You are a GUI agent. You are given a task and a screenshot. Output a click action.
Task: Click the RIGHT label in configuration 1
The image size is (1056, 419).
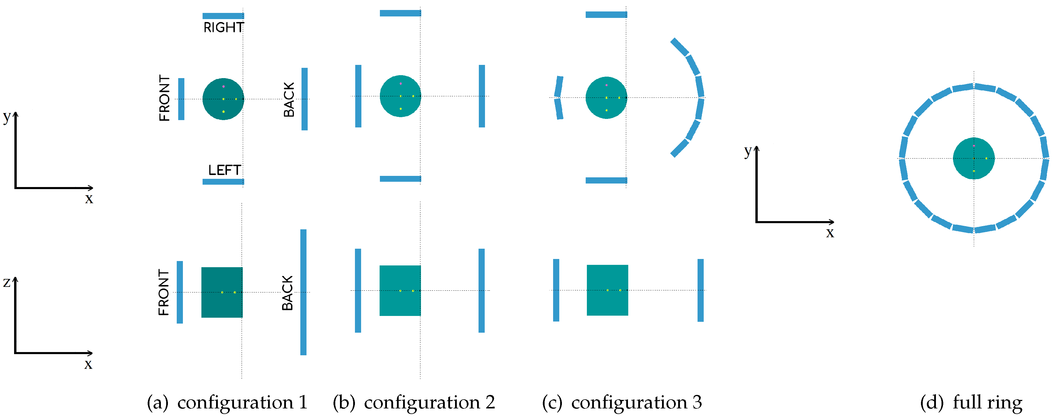[223, 28]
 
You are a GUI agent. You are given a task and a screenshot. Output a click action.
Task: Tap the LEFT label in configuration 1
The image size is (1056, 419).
[224, 170]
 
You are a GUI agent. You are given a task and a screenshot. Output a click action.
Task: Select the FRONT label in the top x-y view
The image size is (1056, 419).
[164, 98]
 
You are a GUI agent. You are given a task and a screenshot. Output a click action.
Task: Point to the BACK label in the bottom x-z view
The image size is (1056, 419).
[287, 293]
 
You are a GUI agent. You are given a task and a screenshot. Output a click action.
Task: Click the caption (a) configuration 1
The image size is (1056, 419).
[227, 402]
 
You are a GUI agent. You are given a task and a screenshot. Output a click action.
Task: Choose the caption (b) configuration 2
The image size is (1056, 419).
[414, 402]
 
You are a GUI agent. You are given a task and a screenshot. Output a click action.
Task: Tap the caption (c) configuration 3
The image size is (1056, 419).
[622, 402]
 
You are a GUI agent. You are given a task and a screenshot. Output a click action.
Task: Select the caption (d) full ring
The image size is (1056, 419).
[971, 402]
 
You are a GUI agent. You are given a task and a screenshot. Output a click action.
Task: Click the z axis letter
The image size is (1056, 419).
[6, 282]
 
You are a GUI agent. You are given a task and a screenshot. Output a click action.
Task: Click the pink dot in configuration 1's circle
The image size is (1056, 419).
[223, 87]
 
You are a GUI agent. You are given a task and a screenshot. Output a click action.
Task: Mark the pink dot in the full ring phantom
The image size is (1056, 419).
[974, 146]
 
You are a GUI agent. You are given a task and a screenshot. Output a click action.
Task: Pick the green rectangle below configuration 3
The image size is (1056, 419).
[607, 303]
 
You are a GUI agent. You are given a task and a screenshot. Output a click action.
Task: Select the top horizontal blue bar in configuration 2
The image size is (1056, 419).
[400, 13]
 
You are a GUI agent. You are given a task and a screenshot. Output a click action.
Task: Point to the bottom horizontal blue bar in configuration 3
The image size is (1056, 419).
[606, 180]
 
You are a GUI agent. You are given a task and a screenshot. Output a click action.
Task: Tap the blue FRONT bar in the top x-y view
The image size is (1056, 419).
[181, 99]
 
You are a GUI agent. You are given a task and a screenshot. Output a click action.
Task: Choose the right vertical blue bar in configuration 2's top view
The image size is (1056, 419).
[482, 96]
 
